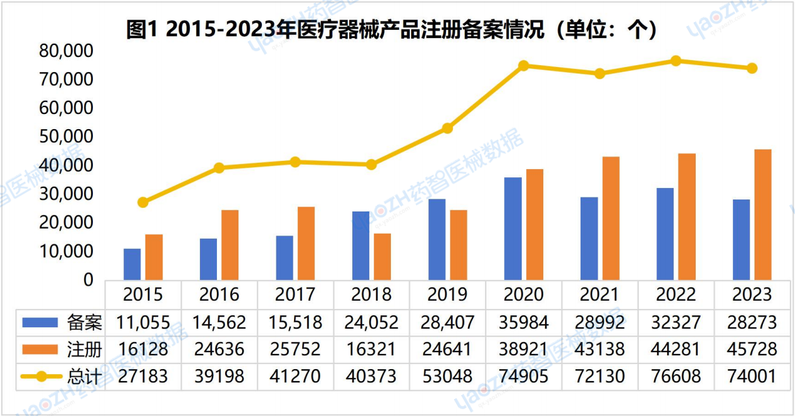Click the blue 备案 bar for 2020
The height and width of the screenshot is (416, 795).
click(513, 229)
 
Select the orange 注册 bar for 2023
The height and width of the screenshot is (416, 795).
click(763, 215)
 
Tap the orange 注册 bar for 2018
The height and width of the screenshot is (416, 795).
click(382, 256)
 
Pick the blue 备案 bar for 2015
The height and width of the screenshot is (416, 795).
click(132, 264)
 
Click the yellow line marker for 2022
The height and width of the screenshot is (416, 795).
click(675, 61)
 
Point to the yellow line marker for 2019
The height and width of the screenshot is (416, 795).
click(447, 129)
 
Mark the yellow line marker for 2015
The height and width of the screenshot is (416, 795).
click(143, 203)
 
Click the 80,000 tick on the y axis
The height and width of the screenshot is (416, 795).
click(66, 51)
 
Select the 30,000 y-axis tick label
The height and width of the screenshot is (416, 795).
click(66, 194)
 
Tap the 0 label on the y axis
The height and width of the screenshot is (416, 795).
click(89, 280)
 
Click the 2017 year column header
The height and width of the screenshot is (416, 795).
click(295, 294)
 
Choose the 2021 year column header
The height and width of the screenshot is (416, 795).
click(600, 294)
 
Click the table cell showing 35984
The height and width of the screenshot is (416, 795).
click(524, 322)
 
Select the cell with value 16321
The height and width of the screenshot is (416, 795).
click(371, 349)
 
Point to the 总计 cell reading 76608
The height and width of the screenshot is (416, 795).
click(675, 376)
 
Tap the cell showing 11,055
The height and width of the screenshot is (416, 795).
click(143, 322)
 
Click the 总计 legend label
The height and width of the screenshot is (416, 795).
click(84, 376)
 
